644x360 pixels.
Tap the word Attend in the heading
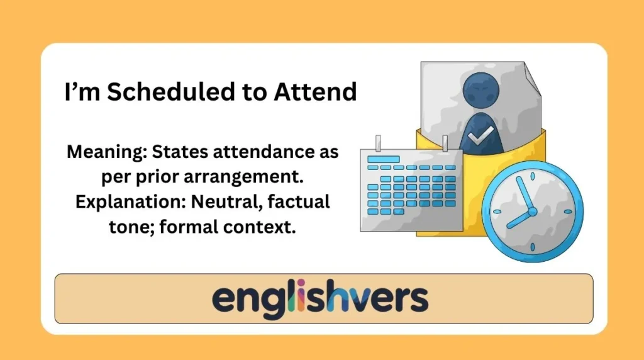pos(315,92)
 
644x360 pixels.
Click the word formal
pos(188,227)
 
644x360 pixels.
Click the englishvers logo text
pos(320,299)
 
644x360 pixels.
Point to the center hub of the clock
pos(532,211)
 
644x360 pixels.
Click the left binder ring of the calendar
pos(378,143)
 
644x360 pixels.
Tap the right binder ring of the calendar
pos(445,143)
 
